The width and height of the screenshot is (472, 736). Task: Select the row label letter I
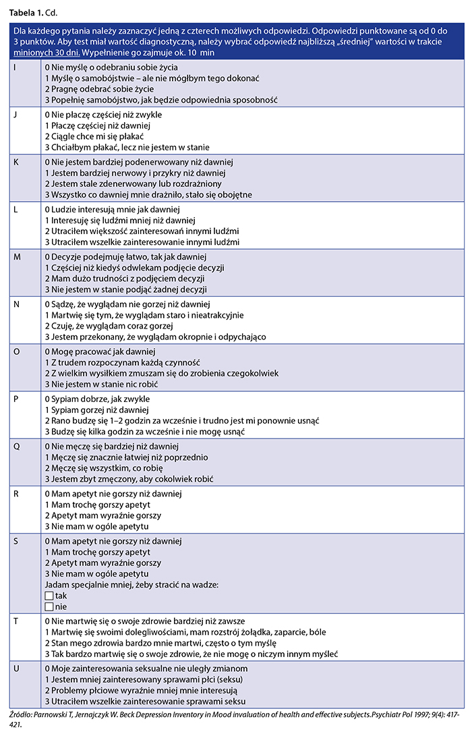click(16, 68)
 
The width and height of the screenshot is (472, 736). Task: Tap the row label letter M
click(18, 257)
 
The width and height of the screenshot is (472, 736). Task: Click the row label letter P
click(17, 399)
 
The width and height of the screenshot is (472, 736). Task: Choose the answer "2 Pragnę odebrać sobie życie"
click(99, 89)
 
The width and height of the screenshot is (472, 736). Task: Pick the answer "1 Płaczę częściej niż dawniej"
click(97, 125)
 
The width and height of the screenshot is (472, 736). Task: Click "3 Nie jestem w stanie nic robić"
click(102, 383)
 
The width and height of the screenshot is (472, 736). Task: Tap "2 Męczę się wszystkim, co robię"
click(103, 468)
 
